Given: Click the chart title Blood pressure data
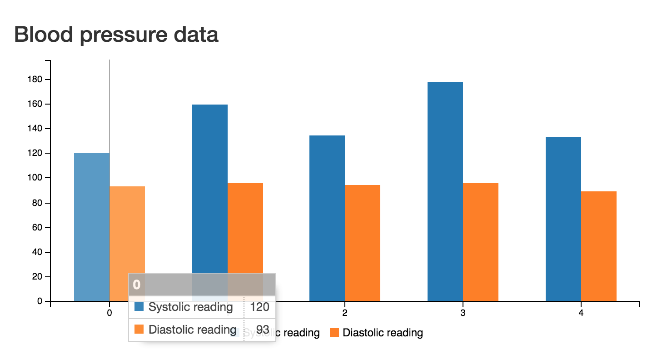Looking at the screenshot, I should (116, 35).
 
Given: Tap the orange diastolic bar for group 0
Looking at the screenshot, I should (127, 227).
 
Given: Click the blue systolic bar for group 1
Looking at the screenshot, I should (210, 182).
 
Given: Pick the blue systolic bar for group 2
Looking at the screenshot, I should (327, 218).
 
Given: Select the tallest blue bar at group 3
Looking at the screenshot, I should (445, 191).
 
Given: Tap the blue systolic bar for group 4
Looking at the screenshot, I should (563, 218).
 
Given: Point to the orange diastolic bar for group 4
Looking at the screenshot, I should (599, 245).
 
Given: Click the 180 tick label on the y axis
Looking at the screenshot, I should (35, 80).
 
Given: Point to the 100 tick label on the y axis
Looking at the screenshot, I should (35, 178).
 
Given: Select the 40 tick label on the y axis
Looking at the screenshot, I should (37, 252).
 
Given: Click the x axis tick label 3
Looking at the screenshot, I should (463, 313).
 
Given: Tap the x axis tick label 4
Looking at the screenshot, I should (581, 313).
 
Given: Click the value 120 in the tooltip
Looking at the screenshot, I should (259, 307).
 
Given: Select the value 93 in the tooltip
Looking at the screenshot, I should (263, 329).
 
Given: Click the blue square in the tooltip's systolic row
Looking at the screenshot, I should (139, 307).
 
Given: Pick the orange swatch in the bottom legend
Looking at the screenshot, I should (334, 333).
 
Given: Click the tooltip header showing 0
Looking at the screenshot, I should (202, 285).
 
